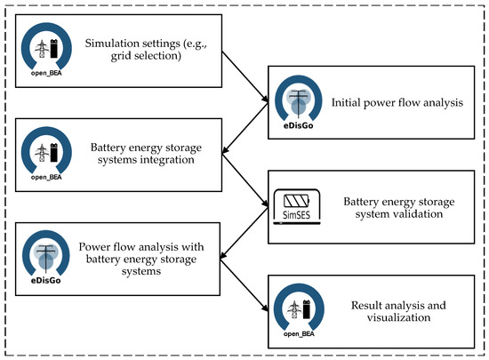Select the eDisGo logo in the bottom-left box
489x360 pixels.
point(42,259)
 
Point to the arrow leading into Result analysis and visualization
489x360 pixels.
point(242,285)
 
